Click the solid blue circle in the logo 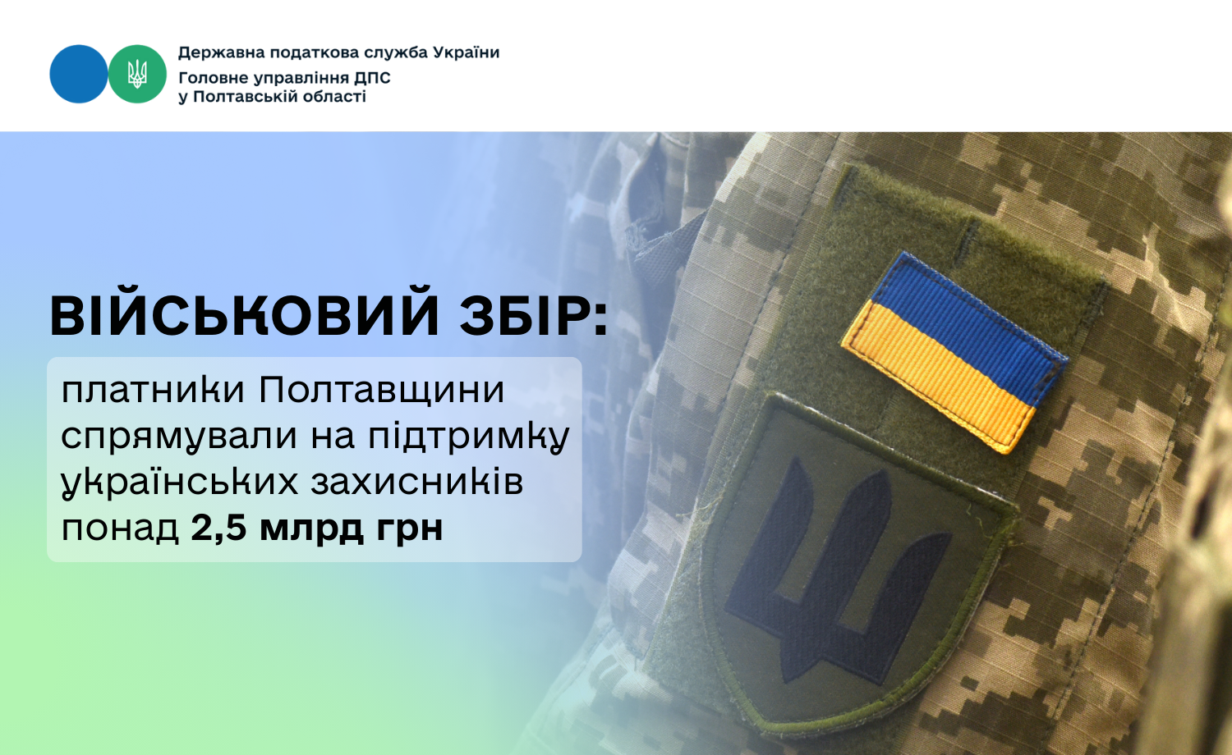pos(79,74)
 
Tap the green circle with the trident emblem pos(137,74)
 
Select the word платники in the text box pos(153,391)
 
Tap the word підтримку pos(469,438)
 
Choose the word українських pos(179,484)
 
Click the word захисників pos(417,483)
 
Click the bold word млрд pos(310,531)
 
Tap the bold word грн pos(409,532)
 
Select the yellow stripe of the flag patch pos(938,376)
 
